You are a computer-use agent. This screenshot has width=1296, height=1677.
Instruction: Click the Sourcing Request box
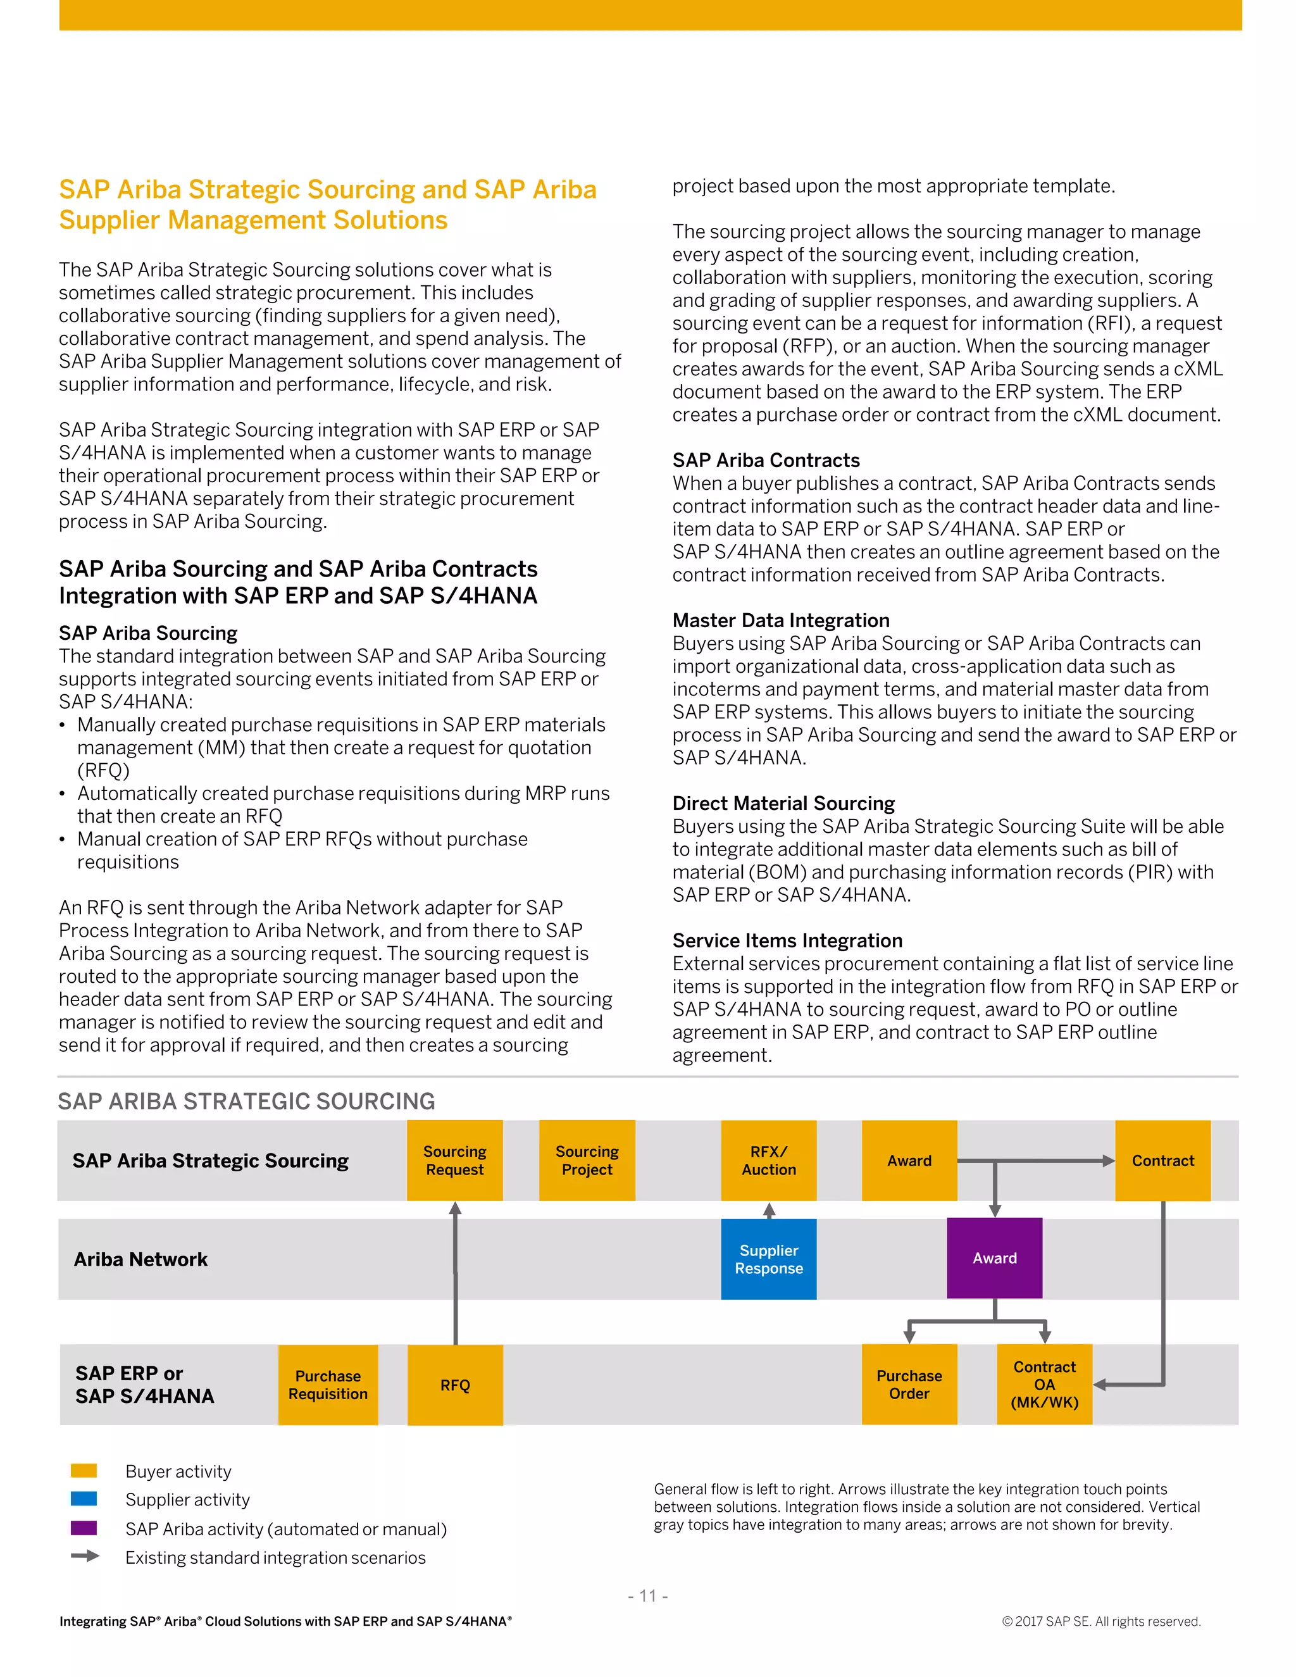coord(454,1159)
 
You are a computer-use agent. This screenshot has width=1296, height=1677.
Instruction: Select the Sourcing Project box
coord(587,1159)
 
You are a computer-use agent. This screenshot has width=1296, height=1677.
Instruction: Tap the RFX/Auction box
coord(768,1159)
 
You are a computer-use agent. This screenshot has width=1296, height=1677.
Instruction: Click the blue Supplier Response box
coord(768,1259)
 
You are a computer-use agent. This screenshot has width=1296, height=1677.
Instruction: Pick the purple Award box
coord(994,1258)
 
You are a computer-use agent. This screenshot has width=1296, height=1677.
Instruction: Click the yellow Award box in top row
coord(909,1159)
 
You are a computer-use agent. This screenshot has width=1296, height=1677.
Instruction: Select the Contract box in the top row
coord(1162,1159)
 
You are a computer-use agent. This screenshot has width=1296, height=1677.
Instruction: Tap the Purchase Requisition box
coord(328,1385)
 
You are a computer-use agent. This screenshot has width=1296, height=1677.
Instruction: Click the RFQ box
coord(454,1385)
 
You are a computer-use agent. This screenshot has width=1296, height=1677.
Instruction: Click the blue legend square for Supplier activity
coord(84,1499)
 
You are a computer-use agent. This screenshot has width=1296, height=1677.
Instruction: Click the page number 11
coord(648,1595)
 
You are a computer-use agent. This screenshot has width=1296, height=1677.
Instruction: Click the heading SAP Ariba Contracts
coord(766,460)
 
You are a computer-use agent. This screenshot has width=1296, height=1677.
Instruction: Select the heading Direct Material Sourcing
coord(783,803)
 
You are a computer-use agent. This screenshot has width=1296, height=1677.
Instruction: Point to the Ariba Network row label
coord(140,1259)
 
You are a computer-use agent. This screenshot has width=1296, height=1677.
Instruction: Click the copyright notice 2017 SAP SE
coord(1101,1621)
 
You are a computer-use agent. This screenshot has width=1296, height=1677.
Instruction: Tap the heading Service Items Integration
coord(787,940)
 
